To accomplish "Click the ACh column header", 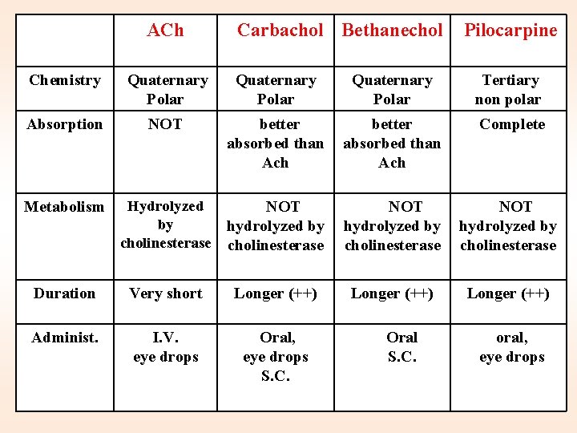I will (166, 30).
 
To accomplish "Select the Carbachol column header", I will (280, 30).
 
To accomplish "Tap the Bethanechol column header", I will (392, 30).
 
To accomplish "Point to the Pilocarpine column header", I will (510, 30).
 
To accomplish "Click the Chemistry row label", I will (65, 80).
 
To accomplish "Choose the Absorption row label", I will (65, 124).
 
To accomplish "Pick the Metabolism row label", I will (65, 207).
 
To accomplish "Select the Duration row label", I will (65, 293).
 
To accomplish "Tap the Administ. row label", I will (65, 338).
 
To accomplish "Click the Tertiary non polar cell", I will (510, 90).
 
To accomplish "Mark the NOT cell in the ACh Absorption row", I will (166, 124).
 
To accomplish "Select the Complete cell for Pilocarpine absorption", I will (511, 124).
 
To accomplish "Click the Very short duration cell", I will (166, 293).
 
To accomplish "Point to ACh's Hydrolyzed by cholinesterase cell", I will (166, 225).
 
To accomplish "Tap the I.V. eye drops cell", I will (166, 347).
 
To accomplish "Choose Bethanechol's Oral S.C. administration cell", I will (401, 347).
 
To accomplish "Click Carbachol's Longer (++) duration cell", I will (276, 293).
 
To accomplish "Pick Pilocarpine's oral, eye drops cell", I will (511, 347).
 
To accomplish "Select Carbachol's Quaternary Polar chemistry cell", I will (276, 90).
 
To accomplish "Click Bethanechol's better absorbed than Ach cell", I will (392, 144).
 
